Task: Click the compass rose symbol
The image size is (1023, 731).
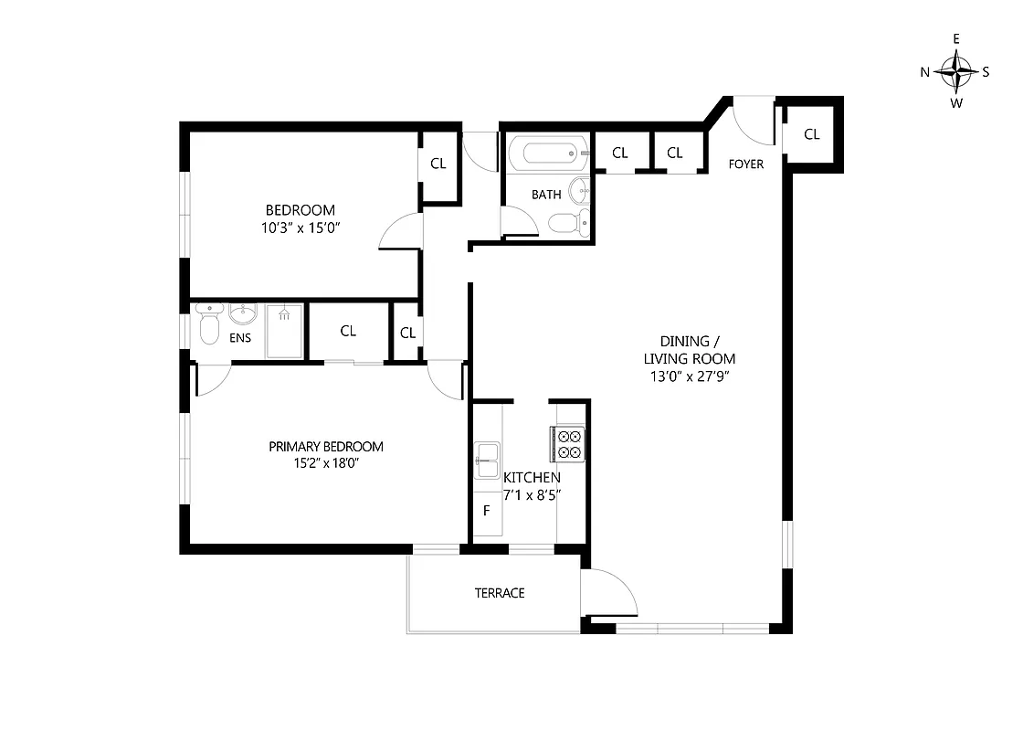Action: [x=956, y=71]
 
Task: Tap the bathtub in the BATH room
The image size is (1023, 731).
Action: [x=544, y=153]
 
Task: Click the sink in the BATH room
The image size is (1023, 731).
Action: [x=579, y=191]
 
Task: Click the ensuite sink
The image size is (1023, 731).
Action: [x=243, y=316]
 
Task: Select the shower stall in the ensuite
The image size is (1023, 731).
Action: [x=285, y=332]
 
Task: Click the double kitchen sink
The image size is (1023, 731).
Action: [x=487, y=459]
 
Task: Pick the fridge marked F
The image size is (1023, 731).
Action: [x=487, y=510]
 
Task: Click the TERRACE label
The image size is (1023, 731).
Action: [x=500, y=593]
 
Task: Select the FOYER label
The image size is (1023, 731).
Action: [x=745, y=164]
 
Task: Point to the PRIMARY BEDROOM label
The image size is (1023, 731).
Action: [x=326, y=447]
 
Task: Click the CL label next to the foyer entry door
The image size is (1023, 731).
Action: [x=812, y=134]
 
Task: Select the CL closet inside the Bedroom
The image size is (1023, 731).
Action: [x=438, y=164]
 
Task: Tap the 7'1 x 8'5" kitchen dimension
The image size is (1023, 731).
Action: [x=533, y=494]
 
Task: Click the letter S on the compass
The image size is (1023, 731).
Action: [x=986, y=72]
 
